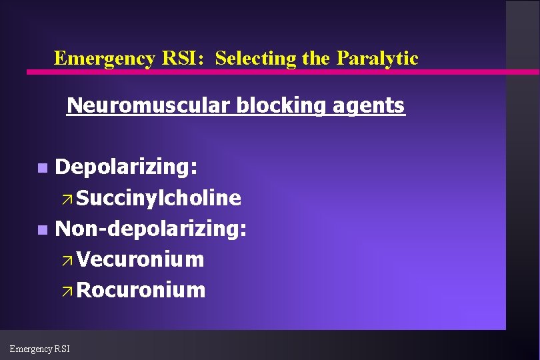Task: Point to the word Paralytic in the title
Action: tap(377, 59)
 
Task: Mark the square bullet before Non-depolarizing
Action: tap(43, 230)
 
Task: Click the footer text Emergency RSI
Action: tap(39, 348)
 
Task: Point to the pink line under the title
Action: tap(267, 71)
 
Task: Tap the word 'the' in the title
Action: tap(316, 59)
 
